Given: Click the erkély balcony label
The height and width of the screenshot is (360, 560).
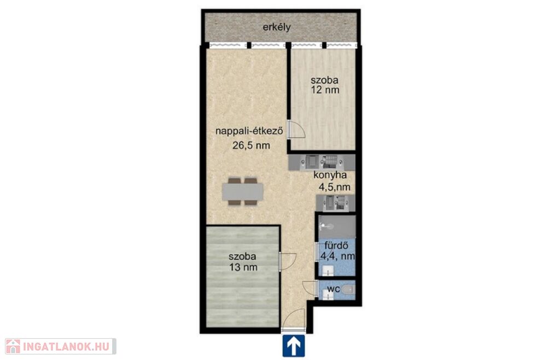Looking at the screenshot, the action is [x=277, y=27].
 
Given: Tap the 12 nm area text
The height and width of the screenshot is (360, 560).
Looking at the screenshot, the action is [x=325, y=90].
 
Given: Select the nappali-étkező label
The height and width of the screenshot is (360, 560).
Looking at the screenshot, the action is [x=249, y=131].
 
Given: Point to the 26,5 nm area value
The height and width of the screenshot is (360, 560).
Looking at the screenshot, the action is [x=251, y=146].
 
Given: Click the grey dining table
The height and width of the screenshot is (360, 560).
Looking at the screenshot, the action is [x=243, y=192].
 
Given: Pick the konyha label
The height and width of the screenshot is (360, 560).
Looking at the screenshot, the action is [x=330, y=175].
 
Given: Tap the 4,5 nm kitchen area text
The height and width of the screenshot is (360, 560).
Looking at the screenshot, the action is [x=334, y=187].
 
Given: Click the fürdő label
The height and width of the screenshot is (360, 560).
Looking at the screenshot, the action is [x=336, y=246].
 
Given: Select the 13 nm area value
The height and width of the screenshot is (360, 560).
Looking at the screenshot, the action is [x=243, y=267].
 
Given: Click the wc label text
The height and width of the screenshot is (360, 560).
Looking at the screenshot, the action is [x=334, y=288].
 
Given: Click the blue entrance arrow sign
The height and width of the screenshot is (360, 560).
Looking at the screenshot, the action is [x=294, y=346].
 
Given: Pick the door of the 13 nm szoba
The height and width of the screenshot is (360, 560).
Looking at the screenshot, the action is [x=288, y=262].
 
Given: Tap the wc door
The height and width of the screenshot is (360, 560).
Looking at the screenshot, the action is [x=310, y=288].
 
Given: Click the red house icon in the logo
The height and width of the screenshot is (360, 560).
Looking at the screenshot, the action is [x=13, y=346].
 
